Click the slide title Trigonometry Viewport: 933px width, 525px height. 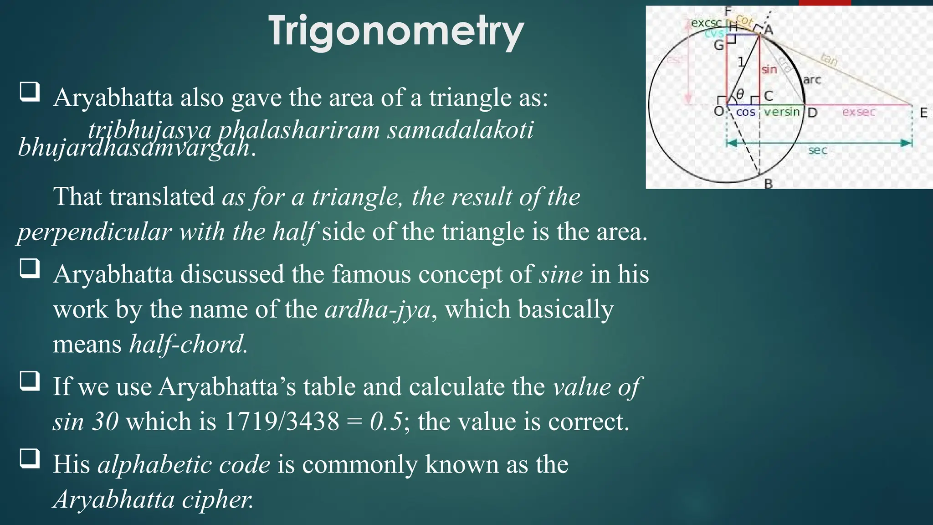tap(396, 31)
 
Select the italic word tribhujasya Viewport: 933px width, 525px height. tap(149, 130)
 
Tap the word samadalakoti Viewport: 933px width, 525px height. tap(460, 130)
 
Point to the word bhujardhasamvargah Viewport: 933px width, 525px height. tap(134, 148)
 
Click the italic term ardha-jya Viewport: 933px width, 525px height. tap(378, 309)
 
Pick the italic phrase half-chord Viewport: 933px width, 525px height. tap(188, 344)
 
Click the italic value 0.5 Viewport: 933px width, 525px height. tap(386, 422)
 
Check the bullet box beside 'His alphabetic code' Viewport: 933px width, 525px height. tap(30, 458)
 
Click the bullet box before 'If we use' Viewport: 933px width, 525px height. tap(30, 381)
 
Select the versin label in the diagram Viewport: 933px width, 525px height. tap(782, 112)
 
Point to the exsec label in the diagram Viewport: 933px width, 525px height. tap(859, 112)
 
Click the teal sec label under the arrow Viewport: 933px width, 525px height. tap(817, 150)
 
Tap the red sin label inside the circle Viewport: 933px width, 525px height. tap(769, 70)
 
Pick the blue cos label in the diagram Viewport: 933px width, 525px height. tap(745, 112)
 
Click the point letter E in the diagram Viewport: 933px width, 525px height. tap(923, 113)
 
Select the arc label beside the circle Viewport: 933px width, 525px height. tap(812, 80)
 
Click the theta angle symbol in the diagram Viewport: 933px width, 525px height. tap(740, 94)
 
